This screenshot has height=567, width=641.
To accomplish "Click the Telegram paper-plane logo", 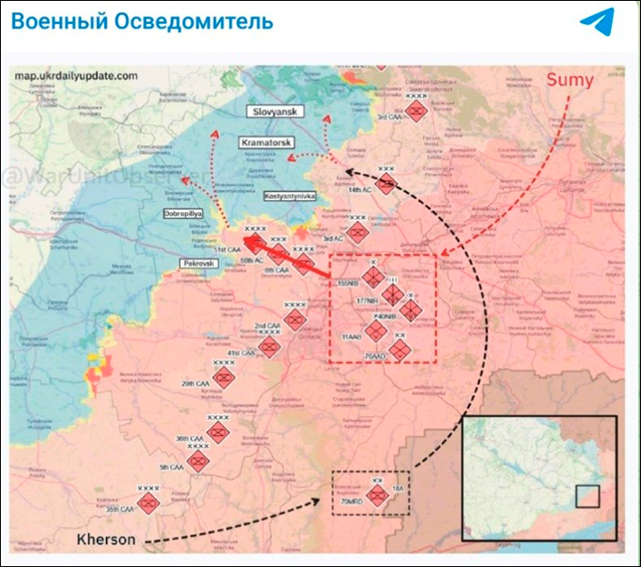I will (596, 22).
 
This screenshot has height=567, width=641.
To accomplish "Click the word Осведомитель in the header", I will (195, 21).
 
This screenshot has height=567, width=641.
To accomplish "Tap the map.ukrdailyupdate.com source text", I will (76, 76).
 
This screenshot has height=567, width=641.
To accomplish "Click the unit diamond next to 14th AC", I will (385, 185).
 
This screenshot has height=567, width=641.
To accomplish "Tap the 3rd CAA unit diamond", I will (416, 111).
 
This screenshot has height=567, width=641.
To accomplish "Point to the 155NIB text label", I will (348, 283).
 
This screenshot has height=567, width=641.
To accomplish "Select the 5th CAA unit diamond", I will (198, 462).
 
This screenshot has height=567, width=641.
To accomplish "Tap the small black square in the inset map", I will (588, 495).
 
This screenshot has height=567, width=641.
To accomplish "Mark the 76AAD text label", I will (374, 356).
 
